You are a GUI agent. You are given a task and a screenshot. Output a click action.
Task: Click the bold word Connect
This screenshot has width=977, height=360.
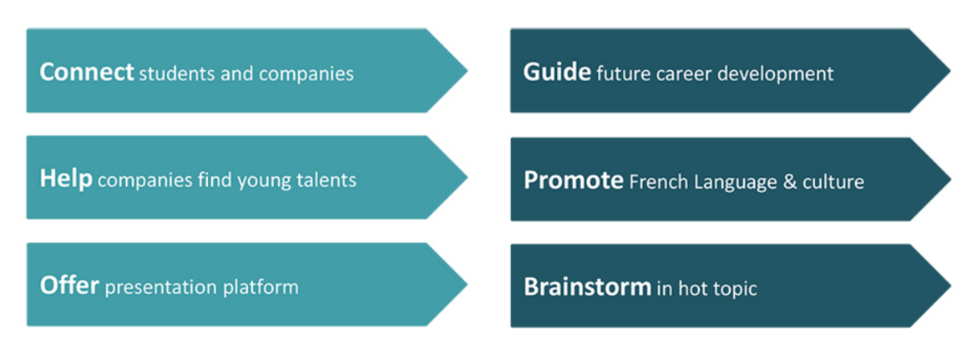pyautogui.click(x=87, y=72)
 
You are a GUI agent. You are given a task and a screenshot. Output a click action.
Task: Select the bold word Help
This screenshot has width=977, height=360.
pyautogui.click(x=66, y=180)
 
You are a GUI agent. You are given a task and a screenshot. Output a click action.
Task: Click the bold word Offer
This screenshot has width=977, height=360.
pyautogui.click(x=69, y=286)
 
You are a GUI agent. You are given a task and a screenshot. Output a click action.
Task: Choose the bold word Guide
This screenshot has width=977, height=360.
pyautogui.click(x=557, y=72)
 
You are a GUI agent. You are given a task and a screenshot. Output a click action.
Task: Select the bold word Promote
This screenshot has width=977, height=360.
pyautogui.click(x=573, y=180)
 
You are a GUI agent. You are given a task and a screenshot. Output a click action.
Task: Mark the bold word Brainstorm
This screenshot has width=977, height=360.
pyautogui.click(x=588, y=287)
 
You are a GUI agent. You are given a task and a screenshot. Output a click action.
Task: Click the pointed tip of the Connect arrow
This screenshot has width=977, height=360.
pyautogui.click(x=467, y=70)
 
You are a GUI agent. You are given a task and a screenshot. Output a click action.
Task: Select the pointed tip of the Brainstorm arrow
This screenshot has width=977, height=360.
pyautogui.click(x=950, y=286)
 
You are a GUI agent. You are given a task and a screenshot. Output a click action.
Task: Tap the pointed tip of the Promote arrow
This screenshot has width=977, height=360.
pyautogui.click(x=950, y=180)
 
